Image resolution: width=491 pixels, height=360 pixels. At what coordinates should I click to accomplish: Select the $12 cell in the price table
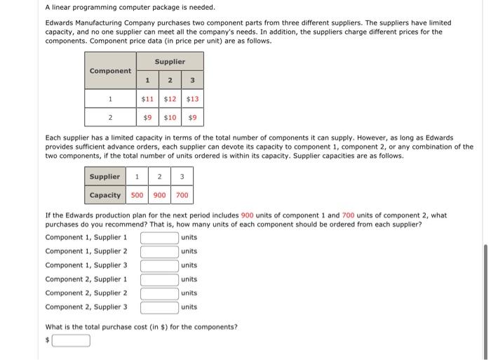(x=170, y=99)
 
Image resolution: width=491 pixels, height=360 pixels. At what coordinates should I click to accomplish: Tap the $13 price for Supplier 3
(x=192, y=99)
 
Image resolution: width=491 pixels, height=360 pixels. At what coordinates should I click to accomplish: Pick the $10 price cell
(x=170, y=118)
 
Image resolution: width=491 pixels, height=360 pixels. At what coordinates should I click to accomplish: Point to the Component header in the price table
(x=110, y=71)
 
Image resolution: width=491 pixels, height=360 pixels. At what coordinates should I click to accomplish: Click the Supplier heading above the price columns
(x=170, y=62)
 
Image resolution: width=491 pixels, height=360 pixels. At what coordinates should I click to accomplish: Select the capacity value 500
(x=137, y=194)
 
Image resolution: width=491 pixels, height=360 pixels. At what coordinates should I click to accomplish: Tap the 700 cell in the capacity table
(x=182, y=194)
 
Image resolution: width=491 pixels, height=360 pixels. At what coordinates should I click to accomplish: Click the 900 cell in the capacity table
(x=159, y=194)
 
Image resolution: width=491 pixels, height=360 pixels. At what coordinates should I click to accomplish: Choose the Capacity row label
(x=105, y=194)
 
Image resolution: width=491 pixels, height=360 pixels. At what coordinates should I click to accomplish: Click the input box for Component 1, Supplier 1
(x=159, y=237)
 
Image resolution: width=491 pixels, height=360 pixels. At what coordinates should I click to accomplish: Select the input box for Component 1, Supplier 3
(x=159, y=265)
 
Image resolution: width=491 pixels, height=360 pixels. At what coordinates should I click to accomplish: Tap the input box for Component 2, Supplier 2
(x=159, y=293)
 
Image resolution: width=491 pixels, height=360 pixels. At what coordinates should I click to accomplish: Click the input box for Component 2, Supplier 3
(x=159, y=307)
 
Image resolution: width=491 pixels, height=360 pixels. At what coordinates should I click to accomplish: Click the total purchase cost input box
(x=70, y=341)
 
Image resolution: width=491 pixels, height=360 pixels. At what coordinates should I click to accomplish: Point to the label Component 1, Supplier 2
(x=86, y=251)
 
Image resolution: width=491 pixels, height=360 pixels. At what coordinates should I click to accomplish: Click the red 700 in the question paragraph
(x=348, y=215)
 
